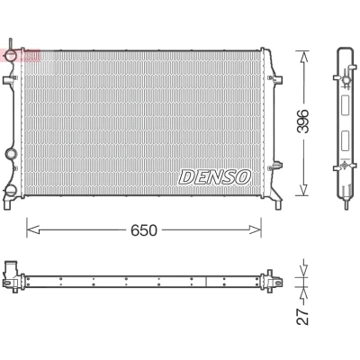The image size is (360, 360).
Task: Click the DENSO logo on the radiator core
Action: coord(214,176)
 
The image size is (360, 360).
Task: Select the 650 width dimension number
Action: coord(144,230)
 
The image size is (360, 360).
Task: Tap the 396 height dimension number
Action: coord(302,121)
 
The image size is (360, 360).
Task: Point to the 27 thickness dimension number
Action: coord(302,316)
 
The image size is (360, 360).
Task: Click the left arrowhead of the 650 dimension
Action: coord(33,230)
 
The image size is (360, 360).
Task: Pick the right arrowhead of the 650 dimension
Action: coord(255,230)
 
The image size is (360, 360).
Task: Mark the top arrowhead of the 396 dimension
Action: coord(303,57)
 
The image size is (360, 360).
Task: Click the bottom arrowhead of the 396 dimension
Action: coord(303,190)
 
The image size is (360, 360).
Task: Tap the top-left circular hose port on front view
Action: coord(12,56)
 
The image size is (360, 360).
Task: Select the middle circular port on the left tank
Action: coord(12,154)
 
